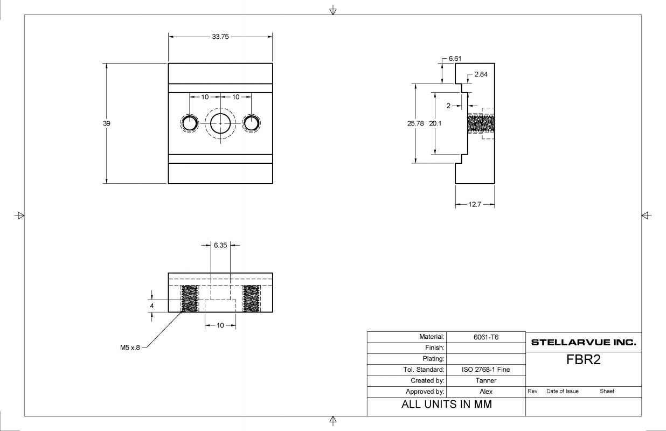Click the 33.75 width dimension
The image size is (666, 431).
click(x=220, y=37)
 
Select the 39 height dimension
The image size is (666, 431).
click(x=107, y=123)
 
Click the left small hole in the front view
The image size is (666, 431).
click(x=189, y=123)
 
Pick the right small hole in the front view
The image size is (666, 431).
click(x=251, y=123)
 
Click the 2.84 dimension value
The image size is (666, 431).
click(x=481, y=74)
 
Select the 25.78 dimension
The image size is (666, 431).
click(x=415, y=123)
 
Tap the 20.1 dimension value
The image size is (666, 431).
click(x=435, y=123)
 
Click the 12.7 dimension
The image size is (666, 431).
click(x=474, y=205)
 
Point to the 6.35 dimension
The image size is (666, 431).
click(x=220, y=245)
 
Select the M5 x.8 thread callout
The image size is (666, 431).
click(x=130, y=348)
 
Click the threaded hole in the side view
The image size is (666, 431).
click(x=481, y=123)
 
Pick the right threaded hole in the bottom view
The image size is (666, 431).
click(x=251, y=298)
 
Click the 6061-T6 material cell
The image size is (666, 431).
click(x=485, y=337)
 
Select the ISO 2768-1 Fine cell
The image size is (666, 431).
click(x=485, y=370)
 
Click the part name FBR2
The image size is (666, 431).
click(x=583, y=360)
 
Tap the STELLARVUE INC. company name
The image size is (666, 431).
click(x=584, y=342)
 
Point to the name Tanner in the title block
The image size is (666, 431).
click(x=485, y=380)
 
